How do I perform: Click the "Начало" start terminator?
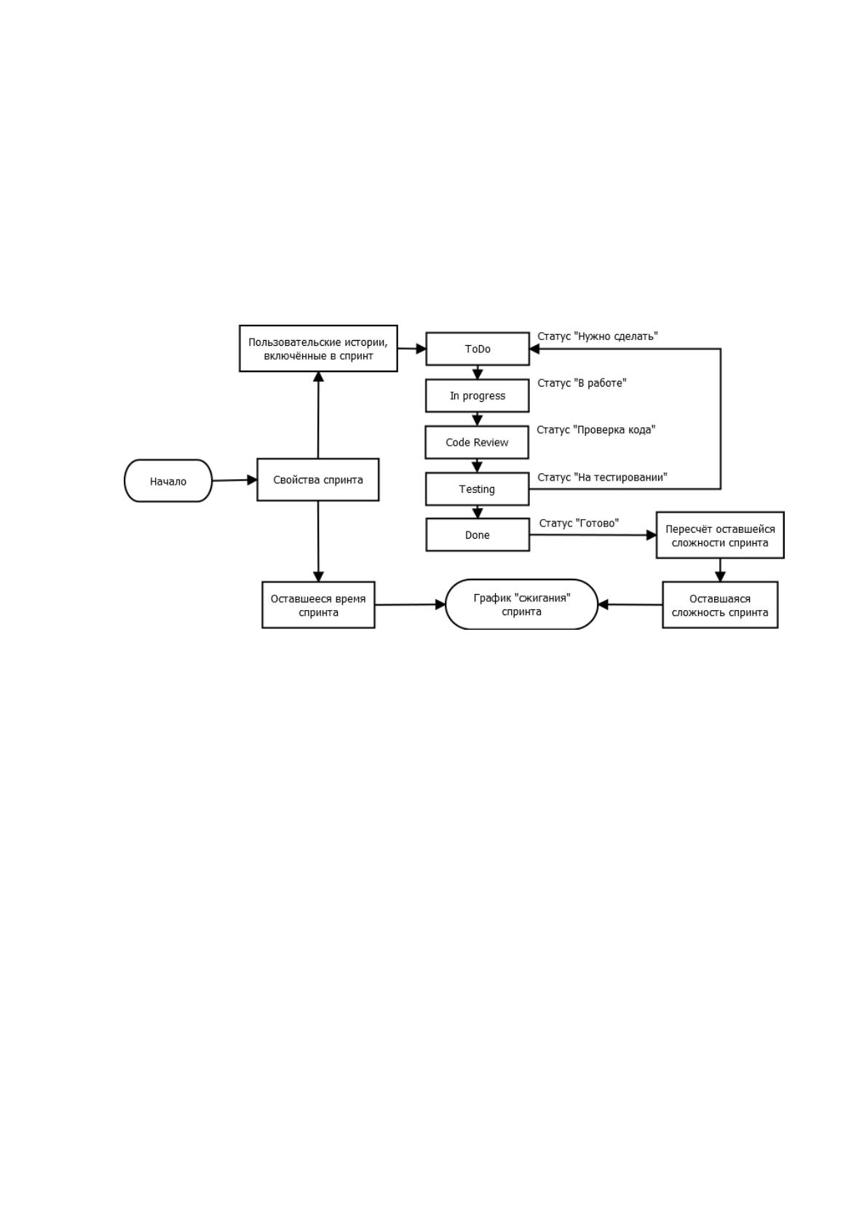click(x=168, y=480)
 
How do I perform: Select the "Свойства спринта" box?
click(x=318, y=480)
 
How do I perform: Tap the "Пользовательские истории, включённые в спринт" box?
click(x=318, y=348)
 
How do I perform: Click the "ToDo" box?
click(x=478, y=349)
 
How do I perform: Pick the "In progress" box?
click(x=478, y=395)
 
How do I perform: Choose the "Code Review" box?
click(x=477, y=442)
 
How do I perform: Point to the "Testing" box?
click(x=478, y=489)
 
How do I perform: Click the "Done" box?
click(x=478, y=534)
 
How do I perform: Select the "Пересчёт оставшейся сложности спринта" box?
click(x=720, y=535)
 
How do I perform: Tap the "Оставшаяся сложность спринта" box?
click(x=720, y=605)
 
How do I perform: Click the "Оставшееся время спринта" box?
click(x=318, y=605)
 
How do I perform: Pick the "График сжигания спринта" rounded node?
click(x=522, y=604)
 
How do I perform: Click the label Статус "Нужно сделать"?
click(x=598, y=336)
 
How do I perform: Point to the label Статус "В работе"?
click(x=582, y=383)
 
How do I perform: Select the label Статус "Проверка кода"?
click(x=596, y=430)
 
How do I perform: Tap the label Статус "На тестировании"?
click(x=602, y=477)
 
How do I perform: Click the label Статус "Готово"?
click(x=579, y=523)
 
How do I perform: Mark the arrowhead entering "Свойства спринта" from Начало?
click(x=253, y=480)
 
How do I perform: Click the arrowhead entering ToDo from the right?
click(x=535, y=349)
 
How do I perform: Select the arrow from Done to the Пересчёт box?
click(x=593, y=534)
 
